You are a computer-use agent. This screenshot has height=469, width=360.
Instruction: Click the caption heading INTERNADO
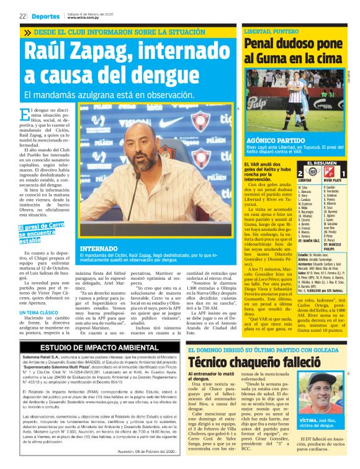(x=98, y=248)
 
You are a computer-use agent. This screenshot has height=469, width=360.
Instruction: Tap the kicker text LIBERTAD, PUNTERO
(x=268, y=30)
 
